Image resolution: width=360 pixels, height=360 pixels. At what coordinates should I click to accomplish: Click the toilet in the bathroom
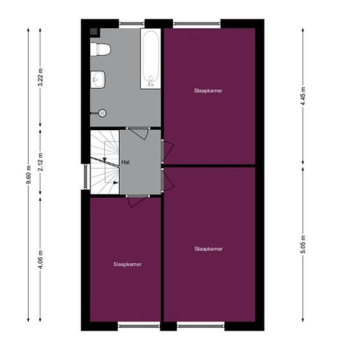coord(101,49)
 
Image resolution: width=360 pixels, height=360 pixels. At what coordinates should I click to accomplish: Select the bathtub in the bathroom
coord(151,59)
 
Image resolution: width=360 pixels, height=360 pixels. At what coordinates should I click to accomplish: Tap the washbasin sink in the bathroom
coord(98,79)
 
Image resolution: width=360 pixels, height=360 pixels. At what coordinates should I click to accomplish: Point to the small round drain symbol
coord(102,113)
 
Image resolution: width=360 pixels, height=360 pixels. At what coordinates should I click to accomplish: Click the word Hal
coord(126,162)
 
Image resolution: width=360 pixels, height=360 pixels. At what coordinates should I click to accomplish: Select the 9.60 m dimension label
coord(28,175)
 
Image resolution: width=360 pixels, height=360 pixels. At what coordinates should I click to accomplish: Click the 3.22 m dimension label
coord(41,77)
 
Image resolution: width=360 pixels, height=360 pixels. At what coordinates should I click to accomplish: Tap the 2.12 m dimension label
coord(41,162)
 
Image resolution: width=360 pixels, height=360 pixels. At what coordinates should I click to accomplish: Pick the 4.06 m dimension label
coord(41,260)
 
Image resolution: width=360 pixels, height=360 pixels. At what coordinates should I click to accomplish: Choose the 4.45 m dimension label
coord(303,96)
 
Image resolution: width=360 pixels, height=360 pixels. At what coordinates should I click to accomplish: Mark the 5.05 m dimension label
coord(303,245)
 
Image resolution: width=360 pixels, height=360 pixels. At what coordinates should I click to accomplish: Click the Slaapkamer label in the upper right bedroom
coord(208,91)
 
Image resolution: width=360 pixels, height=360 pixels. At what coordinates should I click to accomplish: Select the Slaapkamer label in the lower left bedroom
coord(128,264)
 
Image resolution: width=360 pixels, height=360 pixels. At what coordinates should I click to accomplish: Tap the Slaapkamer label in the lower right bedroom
coord(208,249)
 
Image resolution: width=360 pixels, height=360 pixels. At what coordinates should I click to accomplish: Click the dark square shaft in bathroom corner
coord(94,31)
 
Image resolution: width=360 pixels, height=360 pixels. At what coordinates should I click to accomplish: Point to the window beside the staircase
coord(85,176)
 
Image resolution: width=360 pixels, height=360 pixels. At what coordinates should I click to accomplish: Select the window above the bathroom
coord(132,24)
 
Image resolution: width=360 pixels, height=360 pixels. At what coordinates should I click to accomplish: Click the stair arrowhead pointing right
coord(116,183)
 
